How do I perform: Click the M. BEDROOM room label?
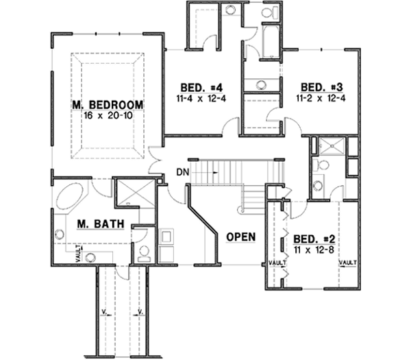(108, 104)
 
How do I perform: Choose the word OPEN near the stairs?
(240, 237)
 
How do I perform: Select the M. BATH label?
(96, 223)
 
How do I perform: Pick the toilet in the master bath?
(144, 254)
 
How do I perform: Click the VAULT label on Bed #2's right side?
(347, 263)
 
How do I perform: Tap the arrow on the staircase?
(216, 173)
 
